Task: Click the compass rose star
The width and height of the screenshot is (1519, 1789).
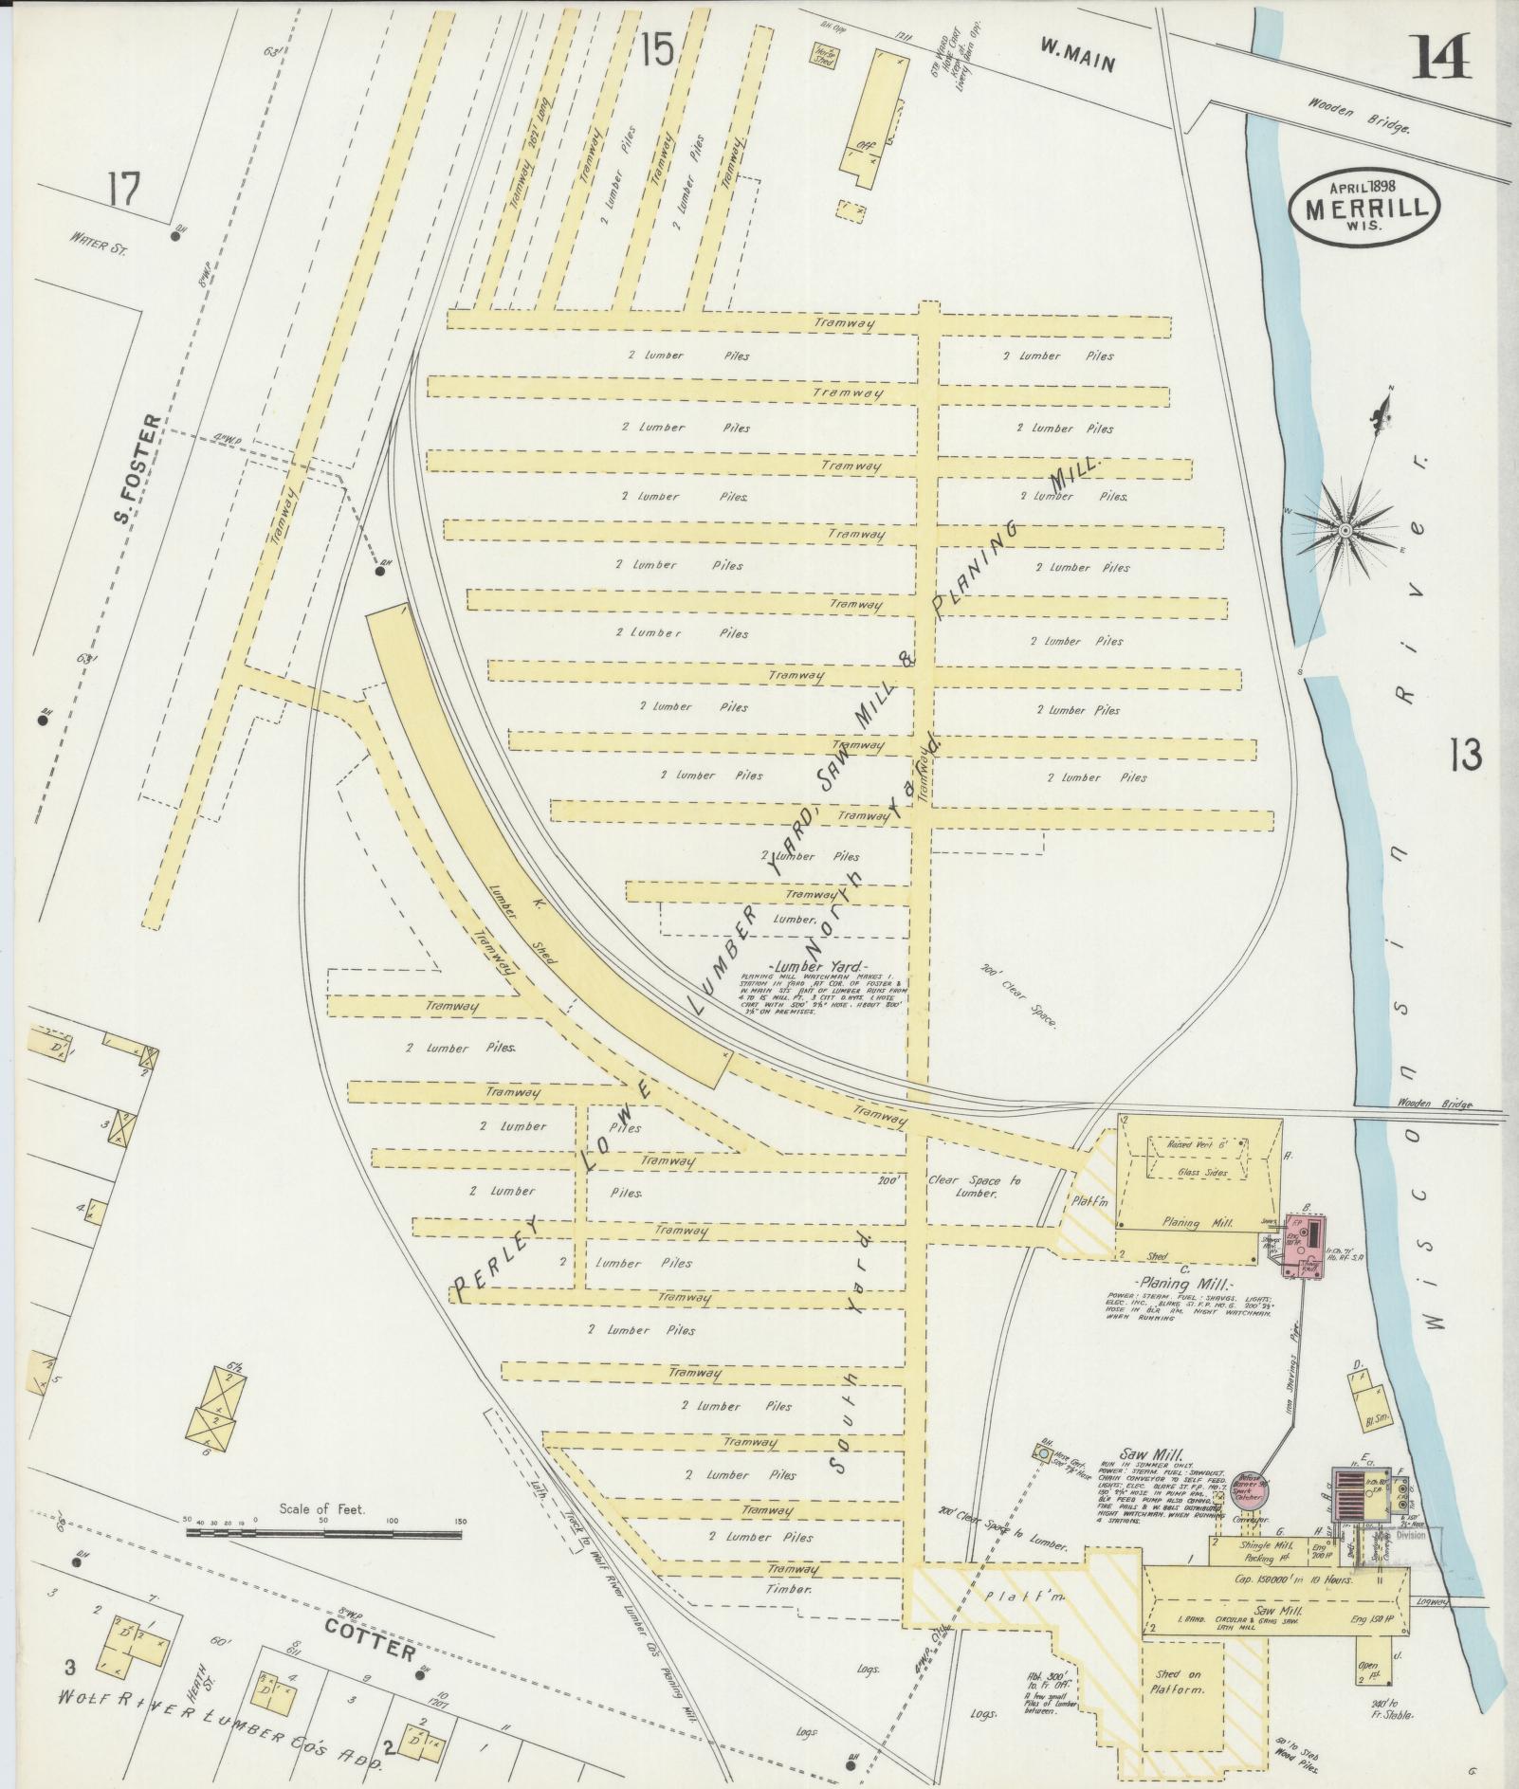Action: [1345, 525]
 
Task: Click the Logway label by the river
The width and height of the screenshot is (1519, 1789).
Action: [1433, 1601]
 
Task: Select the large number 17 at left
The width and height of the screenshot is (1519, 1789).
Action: [123, 191]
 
